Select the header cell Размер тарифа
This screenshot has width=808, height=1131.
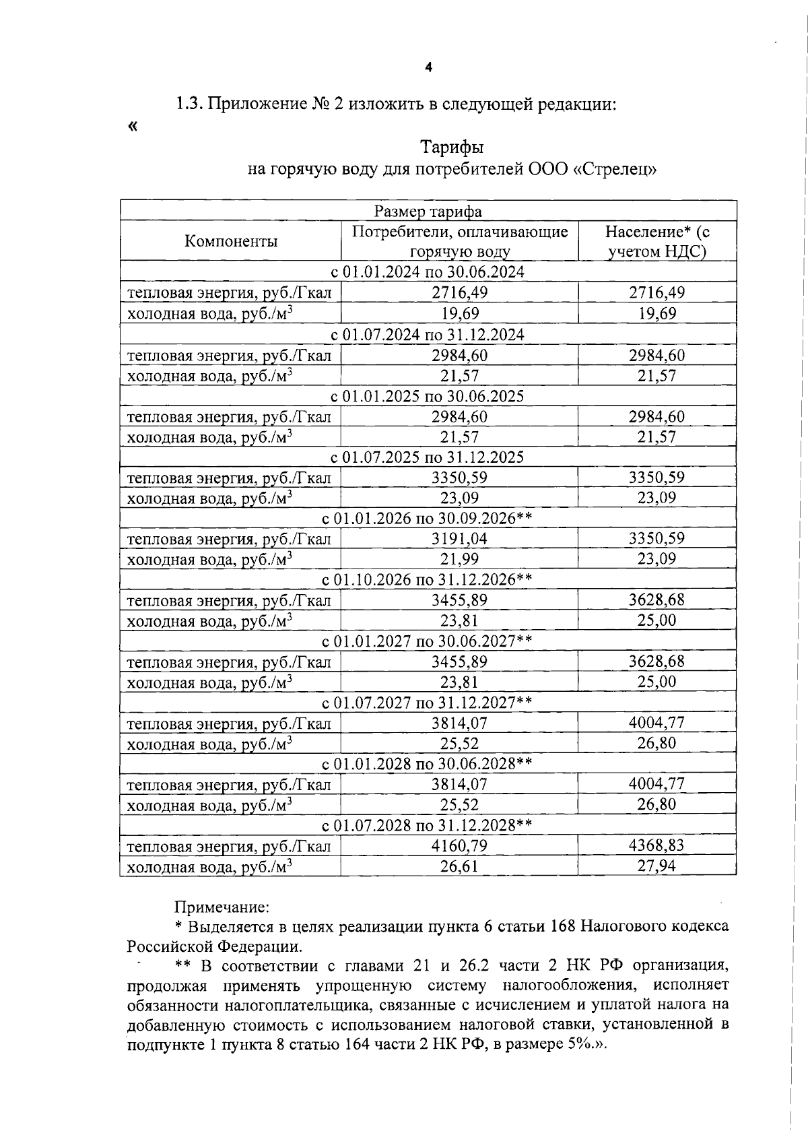coord(428,212)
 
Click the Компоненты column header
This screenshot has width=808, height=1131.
coord(231,241)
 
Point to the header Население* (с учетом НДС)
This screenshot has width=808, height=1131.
coord(656,242)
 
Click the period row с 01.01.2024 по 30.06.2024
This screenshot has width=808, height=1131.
coord(428,271)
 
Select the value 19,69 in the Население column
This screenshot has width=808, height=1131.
coord(656,313)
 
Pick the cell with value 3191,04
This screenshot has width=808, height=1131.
coord(459,539)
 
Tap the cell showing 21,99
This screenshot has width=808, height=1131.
coord(459,559)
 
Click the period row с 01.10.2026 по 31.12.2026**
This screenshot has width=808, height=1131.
coord(428,579)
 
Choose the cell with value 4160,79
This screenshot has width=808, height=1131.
coord(459,845)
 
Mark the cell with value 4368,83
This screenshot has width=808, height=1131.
coord(656,845)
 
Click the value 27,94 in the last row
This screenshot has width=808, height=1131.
coord(656,866)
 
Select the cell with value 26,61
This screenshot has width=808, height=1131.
coord(459,866)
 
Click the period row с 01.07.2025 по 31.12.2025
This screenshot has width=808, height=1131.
coord(428,457)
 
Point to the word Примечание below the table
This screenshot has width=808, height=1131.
coord(222,907)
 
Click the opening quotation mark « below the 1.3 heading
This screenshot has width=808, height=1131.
coord(132,126)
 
